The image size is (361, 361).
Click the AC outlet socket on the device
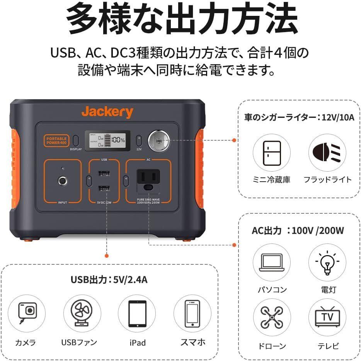(x=148, y=179)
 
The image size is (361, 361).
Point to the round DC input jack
(x=62, y=180)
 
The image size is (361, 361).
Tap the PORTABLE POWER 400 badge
(x=55, y=140)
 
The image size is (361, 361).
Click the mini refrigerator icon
(x=271, y=153)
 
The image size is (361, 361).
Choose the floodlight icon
(x=327, y=153)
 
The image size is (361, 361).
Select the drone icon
(x=271, y=317)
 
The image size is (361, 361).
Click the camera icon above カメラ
(x=27, y=312)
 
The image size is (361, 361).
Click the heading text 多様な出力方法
(x=180, y=19)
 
